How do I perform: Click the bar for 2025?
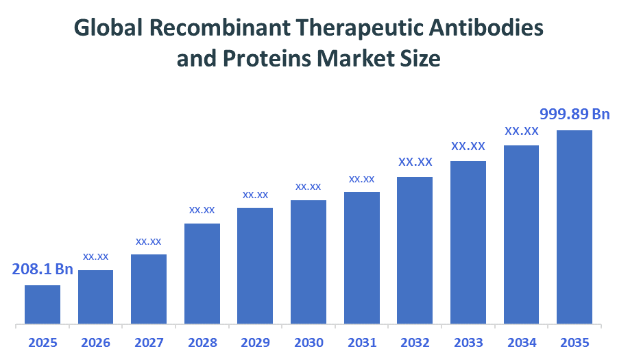point(43,304)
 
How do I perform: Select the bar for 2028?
point(202,273)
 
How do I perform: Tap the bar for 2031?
point(362,257)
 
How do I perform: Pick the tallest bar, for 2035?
point(574,226)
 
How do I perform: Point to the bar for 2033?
point(468,242)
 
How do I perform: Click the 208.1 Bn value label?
point(43,269)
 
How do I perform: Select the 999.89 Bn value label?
point(574,114)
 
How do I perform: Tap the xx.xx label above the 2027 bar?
point(149,241)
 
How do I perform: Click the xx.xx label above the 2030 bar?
point(308,187)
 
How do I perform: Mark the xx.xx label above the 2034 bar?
point(522,130)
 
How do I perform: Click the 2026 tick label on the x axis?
point(95,342)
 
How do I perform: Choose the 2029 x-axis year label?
point(255,342)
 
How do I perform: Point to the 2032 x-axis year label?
point(415,342)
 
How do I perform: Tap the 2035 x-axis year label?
point(574,342)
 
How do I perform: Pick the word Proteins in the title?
point(267,60)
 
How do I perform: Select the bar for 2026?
point(95,296)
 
